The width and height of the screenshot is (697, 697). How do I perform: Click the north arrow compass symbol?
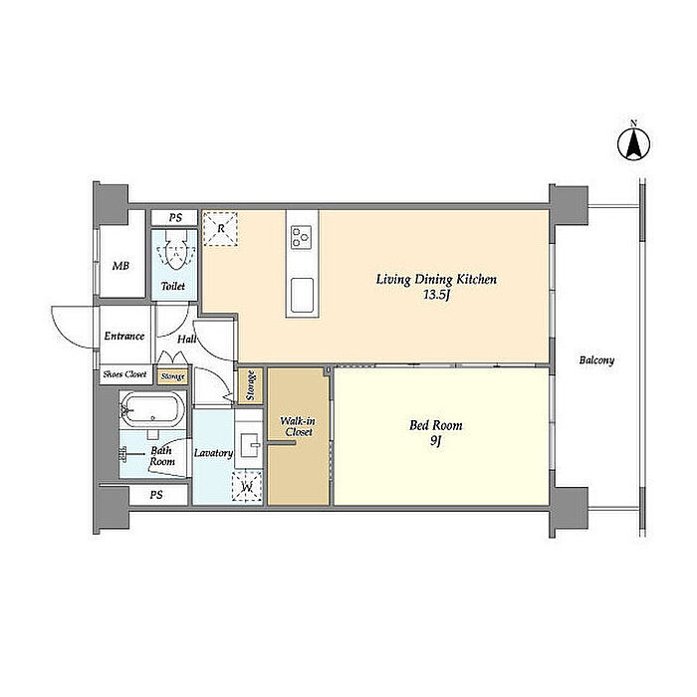point(633,143)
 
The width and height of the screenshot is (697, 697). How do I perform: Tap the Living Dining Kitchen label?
point(436,280)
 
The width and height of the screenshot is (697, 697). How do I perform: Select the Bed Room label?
point(436,425)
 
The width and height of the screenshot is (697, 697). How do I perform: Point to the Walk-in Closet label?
point(299,426)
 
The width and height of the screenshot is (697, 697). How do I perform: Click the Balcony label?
point(596,360)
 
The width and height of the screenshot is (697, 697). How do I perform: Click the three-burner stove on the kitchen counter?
point(302,237)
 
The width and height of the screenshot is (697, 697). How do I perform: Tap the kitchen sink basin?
point(303,295)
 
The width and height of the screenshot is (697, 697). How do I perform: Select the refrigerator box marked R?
point(220,228)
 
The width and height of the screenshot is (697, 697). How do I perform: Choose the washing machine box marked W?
point(247,487)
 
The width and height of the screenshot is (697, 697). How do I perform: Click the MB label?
point(120,266)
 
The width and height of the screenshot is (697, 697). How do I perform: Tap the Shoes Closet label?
point(124,374)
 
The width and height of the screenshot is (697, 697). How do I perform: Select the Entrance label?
point(124,337)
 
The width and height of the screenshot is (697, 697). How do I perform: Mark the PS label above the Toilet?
point(175,218)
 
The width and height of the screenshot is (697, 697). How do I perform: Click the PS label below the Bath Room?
point(156,495)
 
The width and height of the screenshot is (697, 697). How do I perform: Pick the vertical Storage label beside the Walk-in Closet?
point(251,385)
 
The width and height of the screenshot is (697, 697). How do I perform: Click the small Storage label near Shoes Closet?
point(173,377)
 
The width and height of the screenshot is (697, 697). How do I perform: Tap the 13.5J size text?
point(436,295)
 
